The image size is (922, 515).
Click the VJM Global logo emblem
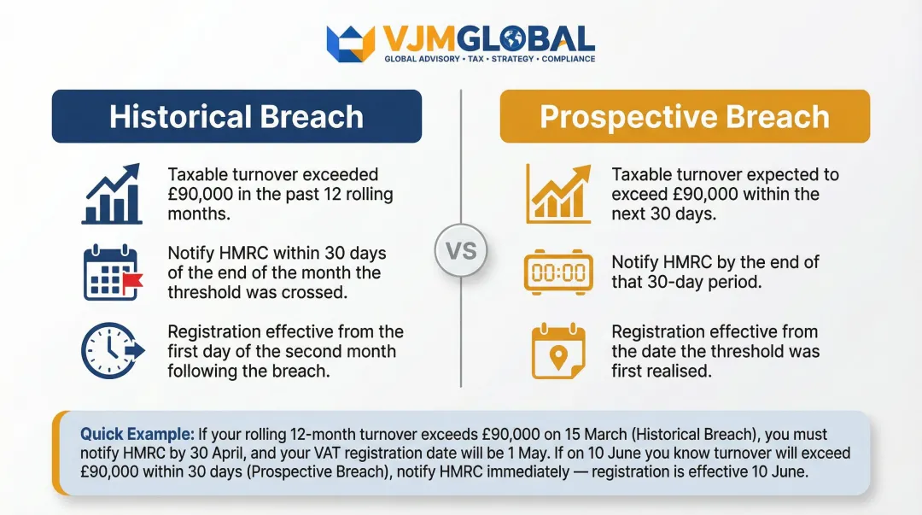[351, 43]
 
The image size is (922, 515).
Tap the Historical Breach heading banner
[236, 116]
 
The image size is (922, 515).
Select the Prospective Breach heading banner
[685, 116]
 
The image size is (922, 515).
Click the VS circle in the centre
[460, 251]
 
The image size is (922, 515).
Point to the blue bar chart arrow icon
[111, 194]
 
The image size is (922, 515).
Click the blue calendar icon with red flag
[112, 272]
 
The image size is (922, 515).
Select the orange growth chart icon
[557, 194]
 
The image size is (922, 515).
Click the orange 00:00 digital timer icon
[558, 272]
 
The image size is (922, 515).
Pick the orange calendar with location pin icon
[557, 351]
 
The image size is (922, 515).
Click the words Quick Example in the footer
[137, 435]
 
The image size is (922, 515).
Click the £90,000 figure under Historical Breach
[202, 194]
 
